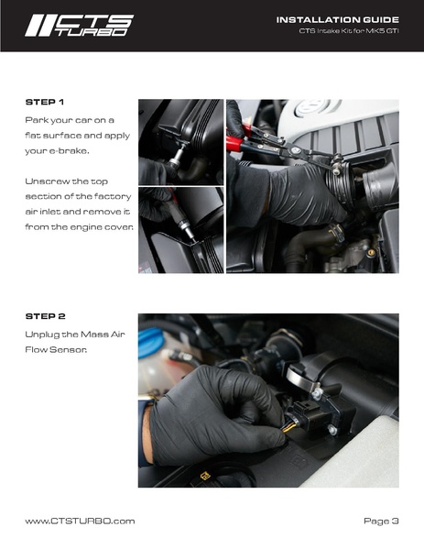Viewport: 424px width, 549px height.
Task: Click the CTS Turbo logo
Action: click(79, 26)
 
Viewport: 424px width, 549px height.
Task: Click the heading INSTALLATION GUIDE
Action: click(338, 20)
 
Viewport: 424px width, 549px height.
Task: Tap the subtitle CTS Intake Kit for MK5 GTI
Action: click(349, 31)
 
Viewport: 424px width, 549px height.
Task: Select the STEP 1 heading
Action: click(45, 103)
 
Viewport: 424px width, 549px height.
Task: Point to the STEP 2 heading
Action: click(45, 316)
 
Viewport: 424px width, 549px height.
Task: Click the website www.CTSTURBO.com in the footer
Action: click(80, 522)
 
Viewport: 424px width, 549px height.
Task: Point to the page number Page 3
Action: click(381, 522)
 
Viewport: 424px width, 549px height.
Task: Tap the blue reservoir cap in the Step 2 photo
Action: click(150, 342)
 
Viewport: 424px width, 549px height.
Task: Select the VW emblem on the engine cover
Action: click(312, 106)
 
